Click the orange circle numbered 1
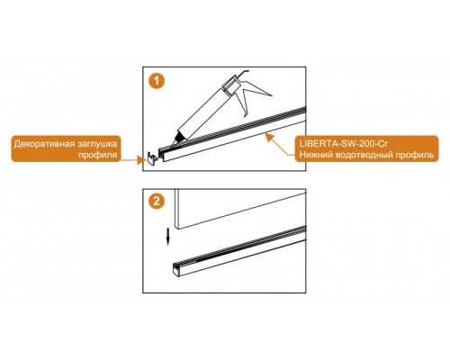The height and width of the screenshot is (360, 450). [157, 81]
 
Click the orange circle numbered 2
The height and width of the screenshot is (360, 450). [157, 202]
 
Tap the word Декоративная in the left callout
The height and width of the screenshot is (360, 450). [44, 144]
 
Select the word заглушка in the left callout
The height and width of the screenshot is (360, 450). [97, 144]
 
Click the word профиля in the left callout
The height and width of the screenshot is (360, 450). [97, 155]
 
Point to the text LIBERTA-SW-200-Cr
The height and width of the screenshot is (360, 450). [344, 144]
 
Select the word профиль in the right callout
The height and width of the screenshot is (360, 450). [417, 156]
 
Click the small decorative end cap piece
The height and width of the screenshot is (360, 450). [152, 157]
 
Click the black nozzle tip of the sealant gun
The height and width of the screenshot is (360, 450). [179, 137]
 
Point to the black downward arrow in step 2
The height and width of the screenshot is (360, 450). [168, 237]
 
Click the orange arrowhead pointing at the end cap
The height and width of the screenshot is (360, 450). [139, 160]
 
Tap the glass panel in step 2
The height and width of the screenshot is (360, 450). [239, 209]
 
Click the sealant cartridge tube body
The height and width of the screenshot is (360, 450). [204, 111]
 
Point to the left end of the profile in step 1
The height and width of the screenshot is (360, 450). [162, 155]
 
